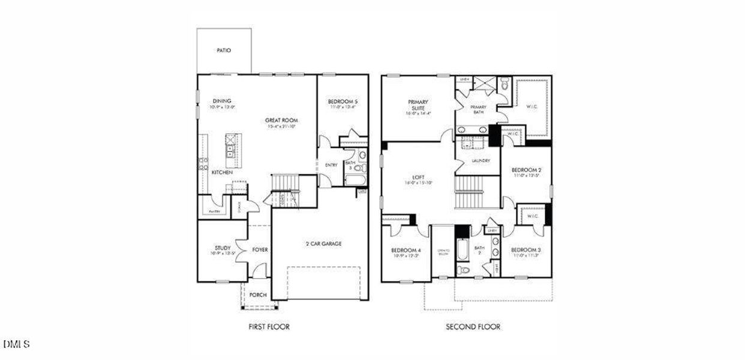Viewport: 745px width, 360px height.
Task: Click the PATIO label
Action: click(x=224, y=51)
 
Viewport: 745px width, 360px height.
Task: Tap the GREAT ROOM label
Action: click(x=281, y=121)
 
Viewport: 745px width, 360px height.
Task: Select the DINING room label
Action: click(x=222, y=101)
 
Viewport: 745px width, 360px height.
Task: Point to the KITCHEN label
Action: click(x=222, y=173)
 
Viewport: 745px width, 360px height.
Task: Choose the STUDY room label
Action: click(x=223, y=248)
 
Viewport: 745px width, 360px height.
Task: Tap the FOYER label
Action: click(x=260, y=250)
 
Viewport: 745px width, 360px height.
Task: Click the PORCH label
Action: click(x=258, y=295)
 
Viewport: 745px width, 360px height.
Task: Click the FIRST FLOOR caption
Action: click(x=269, y=327)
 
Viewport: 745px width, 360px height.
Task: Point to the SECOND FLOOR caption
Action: click(x=473, y=327)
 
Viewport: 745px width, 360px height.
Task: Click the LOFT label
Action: click(x=418, y=178)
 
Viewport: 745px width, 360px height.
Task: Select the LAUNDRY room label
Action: click(x=481, y=161)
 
